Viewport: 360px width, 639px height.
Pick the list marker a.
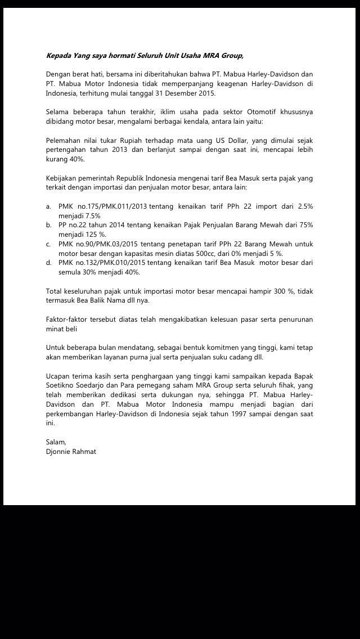tap(49, 206)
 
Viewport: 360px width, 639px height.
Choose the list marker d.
tap(49, 263)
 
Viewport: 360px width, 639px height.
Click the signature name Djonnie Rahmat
tap(71, 451)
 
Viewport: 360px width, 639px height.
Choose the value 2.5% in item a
tap(304, 206)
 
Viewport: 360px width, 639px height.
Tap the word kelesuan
tap(229, 319)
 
